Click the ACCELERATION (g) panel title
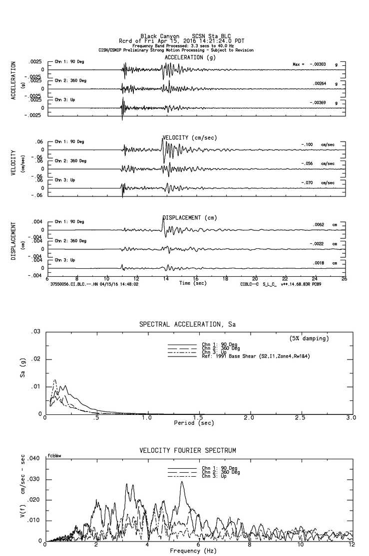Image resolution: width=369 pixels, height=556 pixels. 184,57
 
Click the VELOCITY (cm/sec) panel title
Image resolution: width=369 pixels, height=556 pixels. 184,138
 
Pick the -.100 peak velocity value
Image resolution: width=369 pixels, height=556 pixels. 307,145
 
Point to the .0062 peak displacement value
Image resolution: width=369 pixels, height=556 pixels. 319,225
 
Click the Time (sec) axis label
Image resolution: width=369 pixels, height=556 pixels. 192,283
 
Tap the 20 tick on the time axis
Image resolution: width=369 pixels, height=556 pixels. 255,278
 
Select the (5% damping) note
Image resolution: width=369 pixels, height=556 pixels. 309,339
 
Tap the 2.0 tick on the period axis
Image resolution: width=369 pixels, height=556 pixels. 249,418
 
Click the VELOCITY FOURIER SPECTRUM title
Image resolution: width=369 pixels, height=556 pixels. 187,450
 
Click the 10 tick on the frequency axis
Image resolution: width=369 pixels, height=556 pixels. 301,546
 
